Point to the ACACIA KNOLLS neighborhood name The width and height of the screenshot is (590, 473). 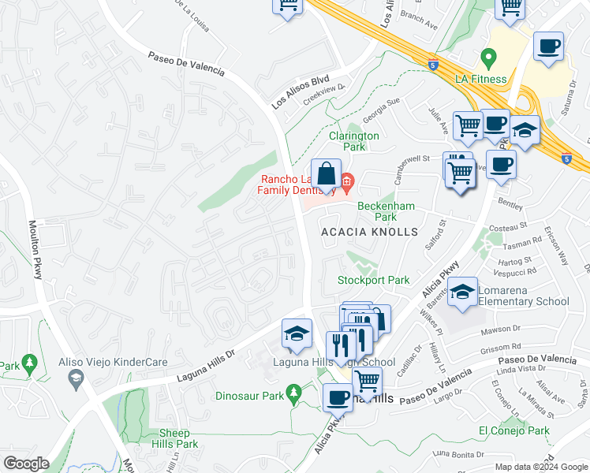(x=368, y=232)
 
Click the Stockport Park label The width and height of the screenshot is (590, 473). (x=374, y=280)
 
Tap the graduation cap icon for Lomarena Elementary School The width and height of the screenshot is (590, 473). (x=463, y=292)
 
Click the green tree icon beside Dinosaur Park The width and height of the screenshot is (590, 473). (x=294, y=392)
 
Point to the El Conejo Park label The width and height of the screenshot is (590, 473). (x=513, y=430)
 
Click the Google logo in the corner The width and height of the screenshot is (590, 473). (x=27, y=463)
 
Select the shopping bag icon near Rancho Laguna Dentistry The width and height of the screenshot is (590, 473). (x=325, y=174)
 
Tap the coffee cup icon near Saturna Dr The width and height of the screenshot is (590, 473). (x=547, y=46)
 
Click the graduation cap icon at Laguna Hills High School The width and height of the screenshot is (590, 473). (x=297, y=333)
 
